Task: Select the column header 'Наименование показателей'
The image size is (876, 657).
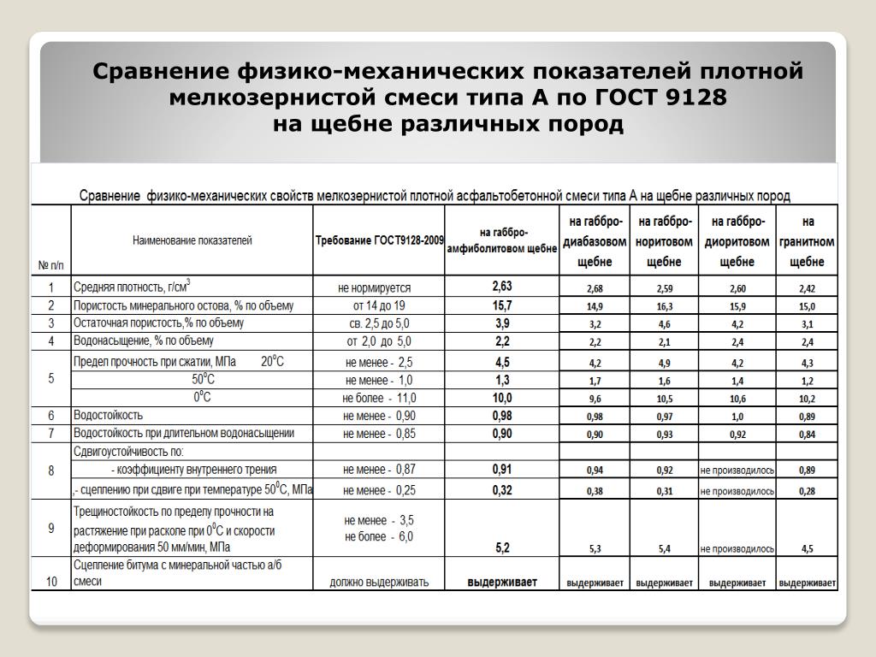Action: click(x=192, y=241)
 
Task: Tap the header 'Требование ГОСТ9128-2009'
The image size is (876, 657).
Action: click(x=380, y=241)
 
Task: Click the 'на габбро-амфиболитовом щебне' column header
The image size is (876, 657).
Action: click(x=502, y=240)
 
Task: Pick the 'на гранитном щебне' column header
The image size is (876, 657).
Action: click(x=808, y=241)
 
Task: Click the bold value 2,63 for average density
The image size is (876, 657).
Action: click(x=502, y=287)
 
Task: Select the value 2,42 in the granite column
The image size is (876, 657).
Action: click(x=808, y=288)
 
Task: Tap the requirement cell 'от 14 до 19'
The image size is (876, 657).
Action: click(x=379, y=305)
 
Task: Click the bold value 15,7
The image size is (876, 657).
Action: click(x=502, y=305)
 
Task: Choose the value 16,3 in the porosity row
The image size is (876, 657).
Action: click(x=665, y=306)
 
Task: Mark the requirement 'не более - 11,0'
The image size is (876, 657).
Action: click(x=379, y=398)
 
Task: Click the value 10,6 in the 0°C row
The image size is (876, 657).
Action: click(x=737, y=399)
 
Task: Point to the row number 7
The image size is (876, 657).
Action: click(x=51, y=433)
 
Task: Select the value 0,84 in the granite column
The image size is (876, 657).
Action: click(x=808, y=435)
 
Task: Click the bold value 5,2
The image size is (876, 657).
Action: click(x=502, y=547)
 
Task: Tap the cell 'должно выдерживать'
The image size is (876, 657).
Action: click(x=379, y=582)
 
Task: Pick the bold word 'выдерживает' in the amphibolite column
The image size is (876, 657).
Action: click(x=502, y=582)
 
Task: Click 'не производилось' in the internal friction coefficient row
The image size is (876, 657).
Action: click(x=737, y=471)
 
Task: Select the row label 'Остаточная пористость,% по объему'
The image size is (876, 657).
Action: click(x=158, y=323)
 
